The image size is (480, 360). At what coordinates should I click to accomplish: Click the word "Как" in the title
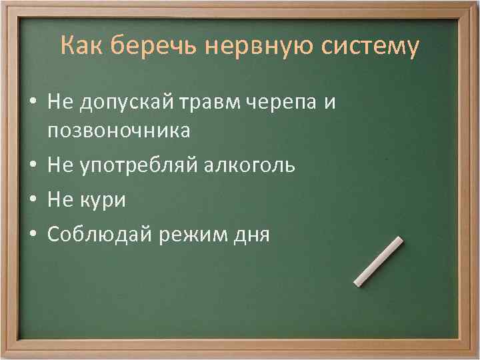pyautogui.click(x=81, y=46)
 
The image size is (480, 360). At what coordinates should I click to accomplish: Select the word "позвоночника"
pyautogui.click(x=119, y=131)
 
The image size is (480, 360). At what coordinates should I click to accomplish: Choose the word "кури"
pyautogui.click(x=103, y=200)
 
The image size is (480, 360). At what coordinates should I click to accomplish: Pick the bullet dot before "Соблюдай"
pyautogui.click(x=32, y=235)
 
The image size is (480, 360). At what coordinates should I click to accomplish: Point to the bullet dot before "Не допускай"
pyautogui.click(x=32, y=102)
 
